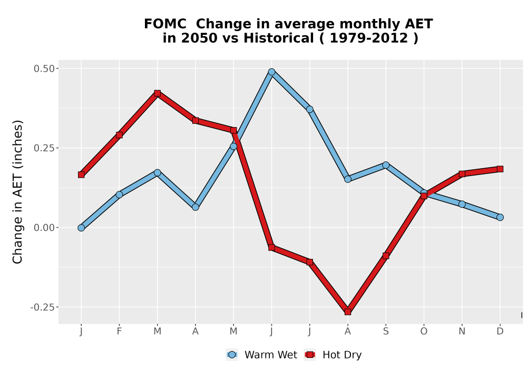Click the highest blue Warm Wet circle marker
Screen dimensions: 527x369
click(271, 72)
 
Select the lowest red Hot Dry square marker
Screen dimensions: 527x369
click(348, 312)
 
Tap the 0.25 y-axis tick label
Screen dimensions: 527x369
click(44, 148)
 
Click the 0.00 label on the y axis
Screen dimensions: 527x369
click(44, 228)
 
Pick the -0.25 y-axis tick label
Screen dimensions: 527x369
click(42, 307)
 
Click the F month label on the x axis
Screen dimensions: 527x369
click(119, 332)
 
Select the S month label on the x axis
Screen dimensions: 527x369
click(386, 332)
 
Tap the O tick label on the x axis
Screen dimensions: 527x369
click(424, 332)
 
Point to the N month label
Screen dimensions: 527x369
click(462, 332)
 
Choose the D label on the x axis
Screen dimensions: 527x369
click(500, 332)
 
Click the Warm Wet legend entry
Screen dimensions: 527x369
click(262, 355)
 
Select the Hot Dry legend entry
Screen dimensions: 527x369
click(333, 355)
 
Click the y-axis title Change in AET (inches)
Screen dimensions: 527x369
click(17, 192)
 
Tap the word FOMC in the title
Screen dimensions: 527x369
click(164, 24)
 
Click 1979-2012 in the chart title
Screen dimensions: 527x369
click(369, 38)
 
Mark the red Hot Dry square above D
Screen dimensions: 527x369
click(500, 169)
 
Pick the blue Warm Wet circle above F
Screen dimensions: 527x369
click(119, 195)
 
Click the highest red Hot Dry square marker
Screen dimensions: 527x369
click(157, 93)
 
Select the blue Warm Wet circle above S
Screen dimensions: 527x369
click(386, 165)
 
